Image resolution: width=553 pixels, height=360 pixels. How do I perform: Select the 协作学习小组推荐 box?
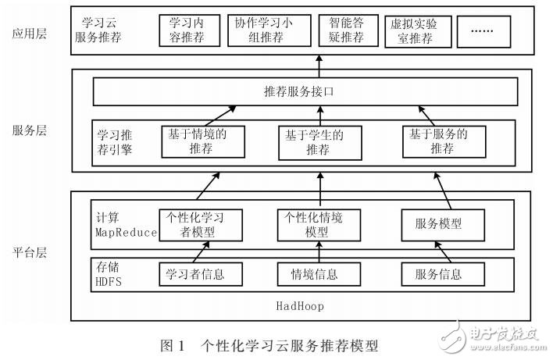pyautogui.click(x=267, y=30)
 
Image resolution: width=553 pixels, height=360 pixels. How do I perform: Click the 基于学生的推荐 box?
pyautogui.click(x=318, y=141)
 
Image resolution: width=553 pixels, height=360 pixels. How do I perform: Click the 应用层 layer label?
pyautogui.click(x=29, y=34)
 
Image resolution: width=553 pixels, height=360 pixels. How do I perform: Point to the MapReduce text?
pyautogui.click(x=126, y=233)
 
